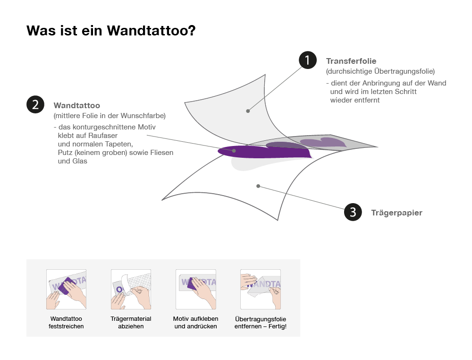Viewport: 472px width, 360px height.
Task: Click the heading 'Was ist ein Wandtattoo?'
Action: [x=111, y=30]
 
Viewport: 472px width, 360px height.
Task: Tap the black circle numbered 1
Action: [x=308, y=60]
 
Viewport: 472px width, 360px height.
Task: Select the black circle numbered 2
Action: [x=35, y=104]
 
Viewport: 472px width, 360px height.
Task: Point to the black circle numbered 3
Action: [x=353, y=212]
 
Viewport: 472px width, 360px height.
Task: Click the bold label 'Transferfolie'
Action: [x=351, y=61]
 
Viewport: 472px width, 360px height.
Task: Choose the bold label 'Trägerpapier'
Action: [x=397, y=213]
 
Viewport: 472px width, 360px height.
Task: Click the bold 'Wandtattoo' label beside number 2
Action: [x=77, y=105]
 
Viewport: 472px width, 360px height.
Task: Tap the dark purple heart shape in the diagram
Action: [x=265, y=152]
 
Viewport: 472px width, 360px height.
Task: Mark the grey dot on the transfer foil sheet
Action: [x=248, y=111]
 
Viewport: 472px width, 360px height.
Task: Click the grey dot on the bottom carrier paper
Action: [x=258, y=186]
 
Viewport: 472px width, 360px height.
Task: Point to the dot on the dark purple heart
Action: [x=234, y=150]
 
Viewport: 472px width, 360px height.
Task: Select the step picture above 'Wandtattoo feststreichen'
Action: [x=66, y=289]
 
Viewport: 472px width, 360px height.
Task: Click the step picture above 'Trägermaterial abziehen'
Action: [x=131, y=289]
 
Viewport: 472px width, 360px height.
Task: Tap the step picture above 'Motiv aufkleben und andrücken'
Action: [x=196, y=289]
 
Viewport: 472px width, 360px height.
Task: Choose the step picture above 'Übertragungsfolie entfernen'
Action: [x=261, y=289]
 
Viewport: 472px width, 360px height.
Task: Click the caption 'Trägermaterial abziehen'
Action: [x=131, y=322]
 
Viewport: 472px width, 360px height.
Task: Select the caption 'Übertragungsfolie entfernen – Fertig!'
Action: [x=261, y=322]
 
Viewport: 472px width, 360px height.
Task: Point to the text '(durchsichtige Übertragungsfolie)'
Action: [x=380, y=71]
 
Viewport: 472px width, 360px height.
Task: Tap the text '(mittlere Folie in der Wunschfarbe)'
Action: [x=110, y=116]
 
